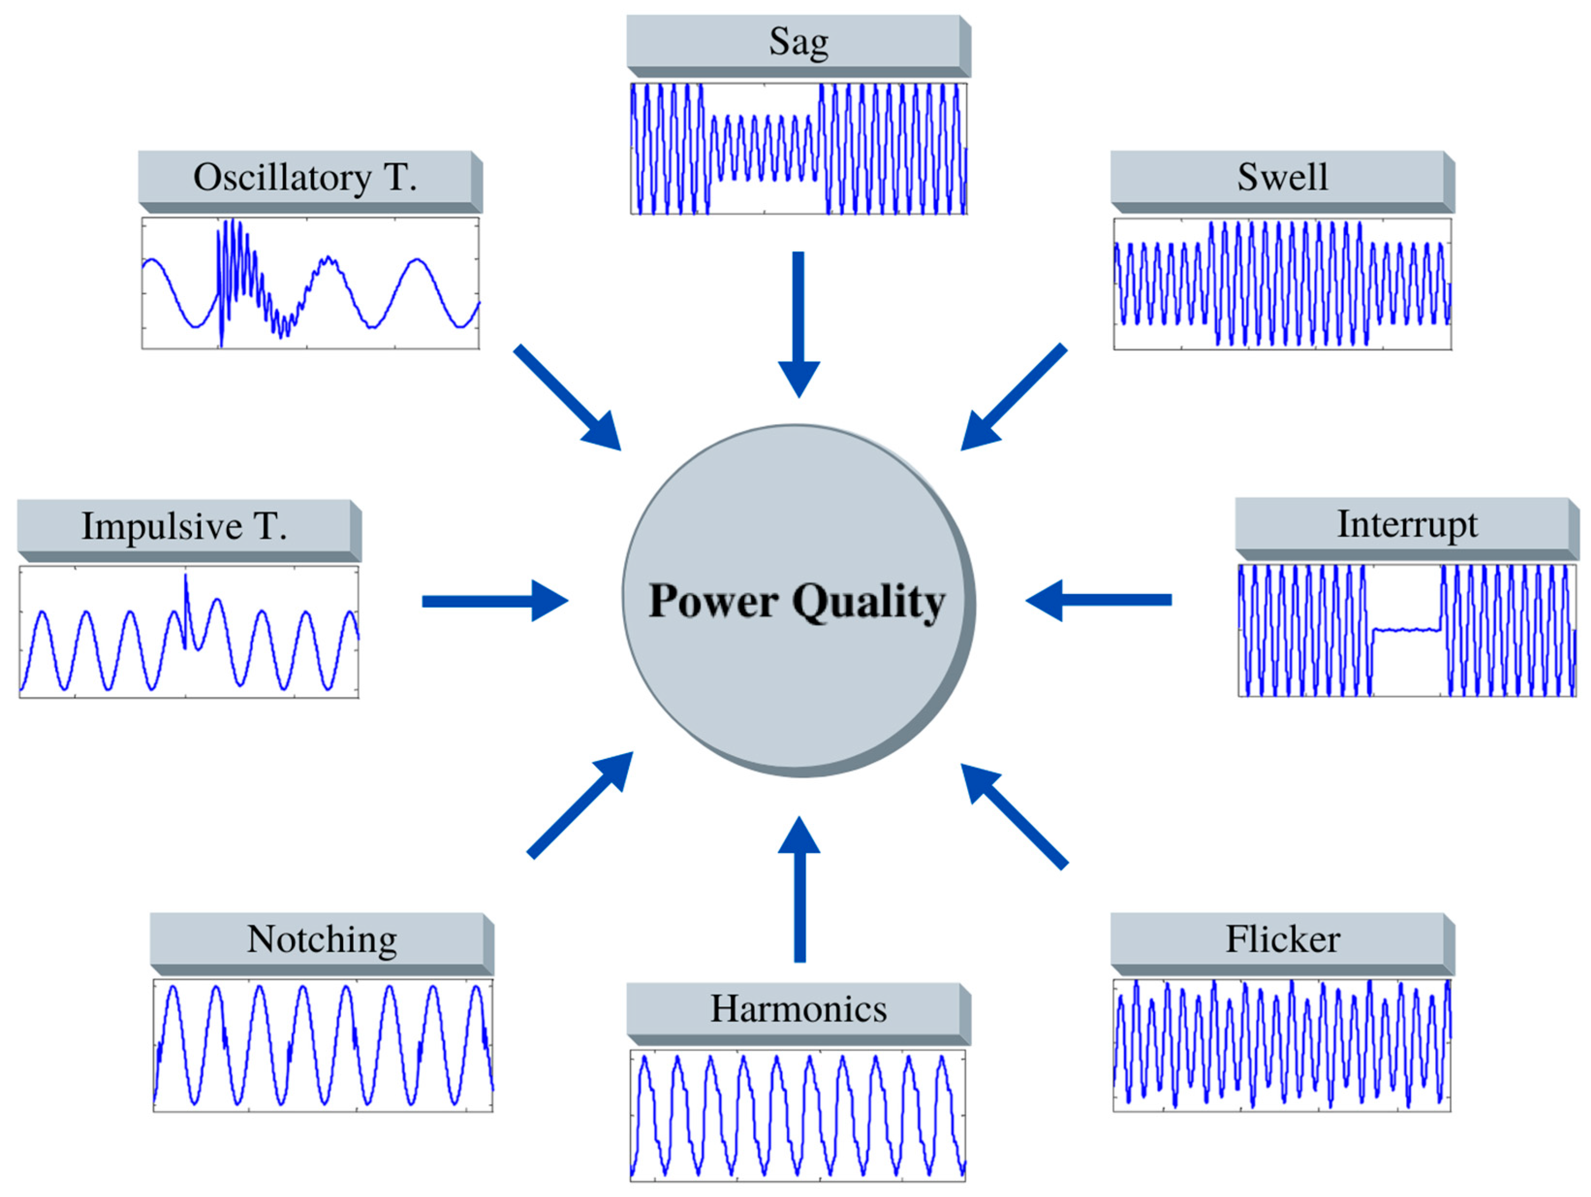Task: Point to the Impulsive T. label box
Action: click(186, 527)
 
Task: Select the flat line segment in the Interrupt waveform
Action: click(1406, 630)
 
